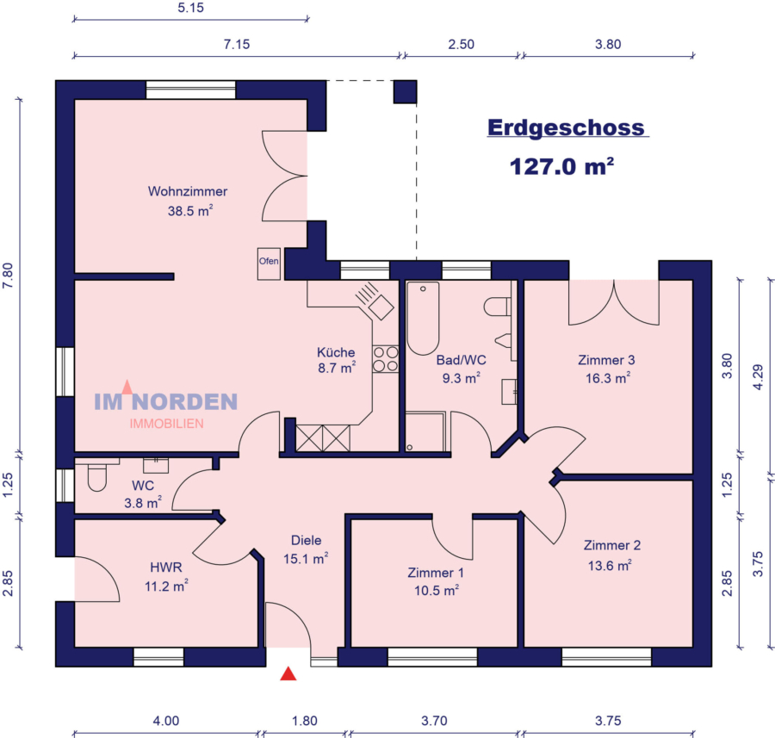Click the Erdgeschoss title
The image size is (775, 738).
click(566, 127)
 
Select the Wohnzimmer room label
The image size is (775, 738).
click(188, 191)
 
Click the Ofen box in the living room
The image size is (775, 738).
click(269, 263)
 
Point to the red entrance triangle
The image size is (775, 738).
click(288, 674)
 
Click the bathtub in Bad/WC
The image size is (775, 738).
click(423, 318)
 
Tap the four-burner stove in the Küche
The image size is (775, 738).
click(386, 359)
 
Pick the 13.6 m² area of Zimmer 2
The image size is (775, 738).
click(612, 565)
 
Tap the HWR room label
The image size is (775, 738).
click(164, 568)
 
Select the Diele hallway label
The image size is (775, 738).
click(306, 541)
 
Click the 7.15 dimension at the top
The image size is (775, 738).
click(236, 45)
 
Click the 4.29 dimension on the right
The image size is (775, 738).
click(757, 376)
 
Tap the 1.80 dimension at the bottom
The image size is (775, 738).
click(305, 721)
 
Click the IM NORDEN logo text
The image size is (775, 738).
click(165, 401)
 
